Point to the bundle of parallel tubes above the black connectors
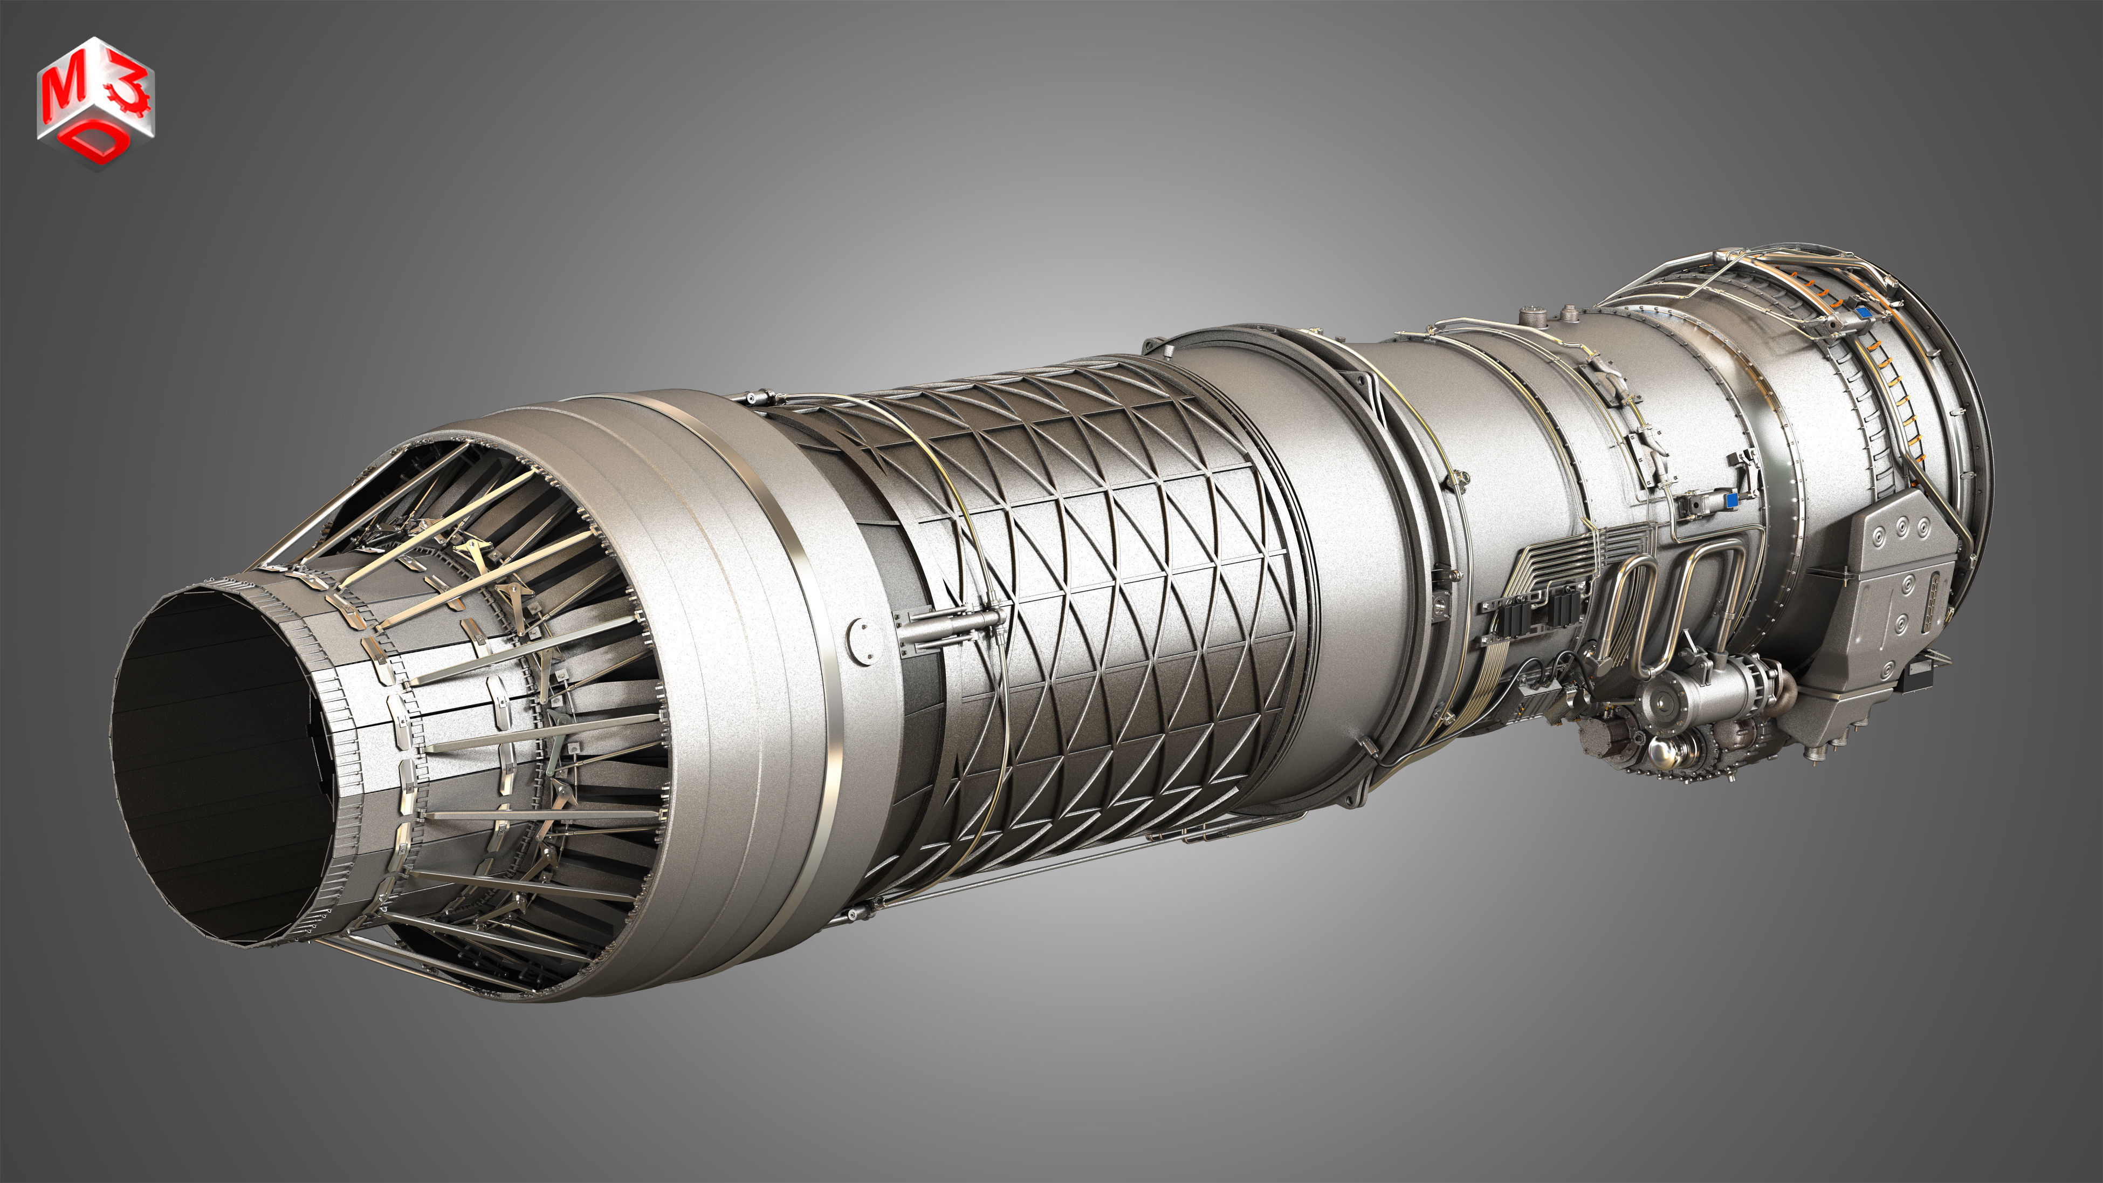coord(1551,555)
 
